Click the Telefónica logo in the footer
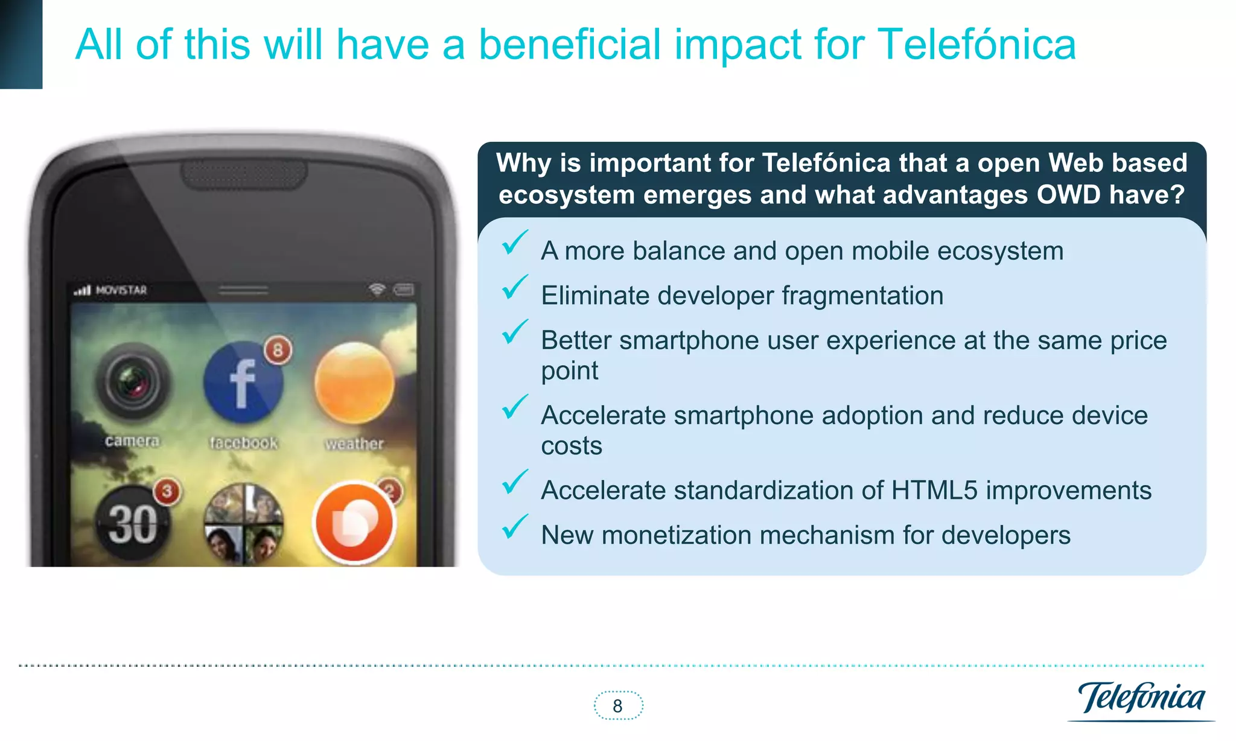coord(1141,699)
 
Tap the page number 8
coord(617,706)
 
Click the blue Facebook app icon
coord(243,383)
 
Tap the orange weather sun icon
coord(354,383)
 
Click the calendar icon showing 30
coord(133,523)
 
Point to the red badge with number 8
coord(278,350)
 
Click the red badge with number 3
coord(167,492)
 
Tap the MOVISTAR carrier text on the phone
coord(121,290)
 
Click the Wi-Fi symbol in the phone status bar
coord(377,290)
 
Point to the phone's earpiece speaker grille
coord(244,174)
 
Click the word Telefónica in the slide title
coord(976,45)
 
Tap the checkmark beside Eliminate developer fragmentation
coord(514,288)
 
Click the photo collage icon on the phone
coord(243,523)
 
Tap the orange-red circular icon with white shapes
coord(354,523)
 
